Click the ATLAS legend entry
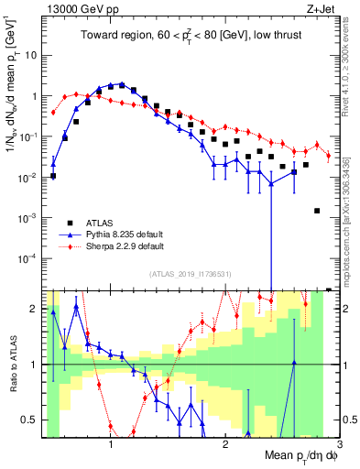pos(93,223)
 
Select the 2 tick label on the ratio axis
pos(35,310)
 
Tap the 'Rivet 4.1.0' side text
pos(352,64)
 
